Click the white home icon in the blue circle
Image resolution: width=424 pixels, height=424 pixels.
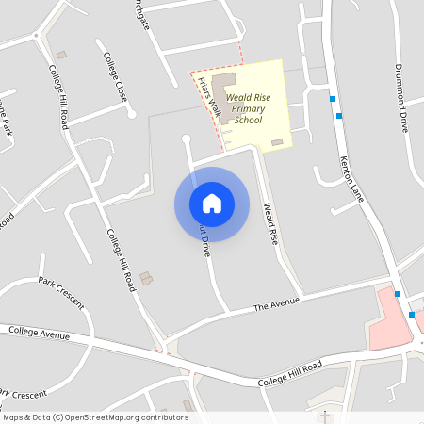(212, 203)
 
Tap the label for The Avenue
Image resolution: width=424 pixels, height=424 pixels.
(276, 304)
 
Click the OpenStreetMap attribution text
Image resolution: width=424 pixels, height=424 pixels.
(95, 416)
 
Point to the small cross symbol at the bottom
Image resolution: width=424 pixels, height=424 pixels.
(325, 415)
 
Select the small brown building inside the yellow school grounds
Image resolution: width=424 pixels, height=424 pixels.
(276, 142)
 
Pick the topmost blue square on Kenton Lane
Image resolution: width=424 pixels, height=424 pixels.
(332, 98)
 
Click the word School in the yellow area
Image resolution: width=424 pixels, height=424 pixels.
(249, 120)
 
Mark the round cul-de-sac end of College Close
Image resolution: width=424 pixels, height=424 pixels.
(132, 114)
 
